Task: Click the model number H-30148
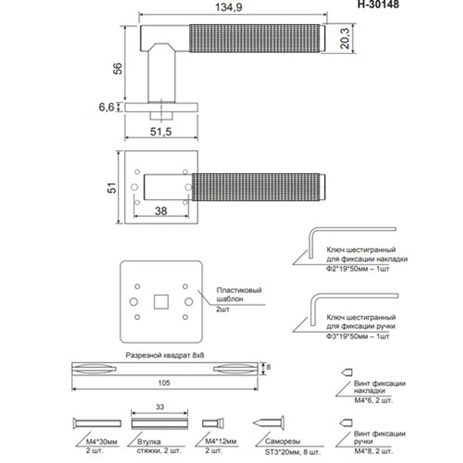point(378,4)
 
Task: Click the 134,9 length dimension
point(231,7)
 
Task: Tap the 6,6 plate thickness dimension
point(106,107)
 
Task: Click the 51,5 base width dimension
point(161,132)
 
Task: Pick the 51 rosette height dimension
point(111,188)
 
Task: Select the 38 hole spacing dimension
point(161,211)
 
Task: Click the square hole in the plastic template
point(161,301)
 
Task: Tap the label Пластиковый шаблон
point(238,295)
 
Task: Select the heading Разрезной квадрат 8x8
point(165,356)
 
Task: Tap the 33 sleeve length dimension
point(160,407)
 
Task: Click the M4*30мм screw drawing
point(97,423)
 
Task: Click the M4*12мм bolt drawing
point(213,423)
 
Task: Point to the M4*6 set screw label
point(373,400)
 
